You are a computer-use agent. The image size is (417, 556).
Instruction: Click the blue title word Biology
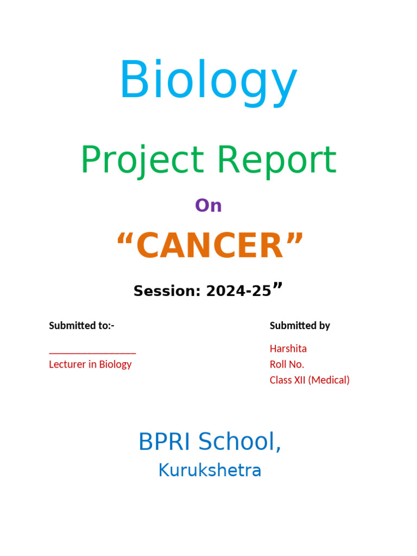coord(208,83)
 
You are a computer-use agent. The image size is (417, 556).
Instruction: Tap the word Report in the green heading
coord(276,161)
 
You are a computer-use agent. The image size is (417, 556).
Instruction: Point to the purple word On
coord(208,206)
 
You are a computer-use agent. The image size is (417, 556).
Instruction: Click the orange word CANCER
coord(210,245)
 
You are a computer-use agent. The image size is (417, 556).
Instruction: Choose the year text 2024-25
coord(239,291)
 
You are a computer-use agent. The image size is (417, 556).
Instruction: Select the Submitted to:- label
coord(81,326)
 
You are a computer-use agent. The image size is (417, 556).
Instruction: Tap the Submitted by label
coord(300,326)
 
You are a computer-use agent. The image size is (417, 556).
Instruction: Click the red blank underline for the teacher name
coord(92,353)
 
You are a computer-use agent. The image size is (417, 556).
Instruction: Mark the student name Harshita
coord(288,349)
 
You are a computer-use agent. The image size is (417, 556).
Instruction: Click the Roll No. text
coord(287,364)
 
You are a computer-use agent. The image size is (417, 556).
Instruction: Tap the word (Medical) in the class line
coord(328,381)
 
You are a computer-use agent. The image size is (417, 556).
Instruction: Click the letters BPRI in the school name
coord(164,442)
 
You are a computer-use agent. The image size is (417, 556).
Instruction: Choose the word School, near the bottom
coord(239,442)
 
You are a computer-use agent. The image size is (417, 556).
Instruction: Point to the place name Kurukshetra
coord(210,470)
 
